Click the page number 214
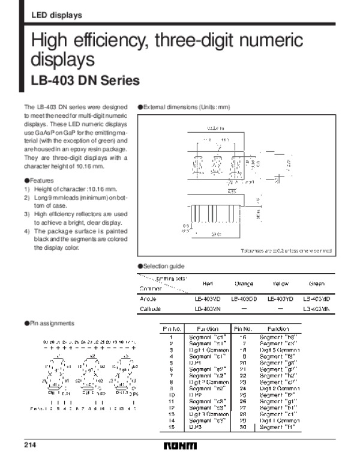(30, 445)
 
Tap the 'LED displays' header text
(56, 15)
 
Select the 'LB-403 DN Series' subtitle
(85, 80)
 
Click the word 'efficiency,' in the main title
(112, 41)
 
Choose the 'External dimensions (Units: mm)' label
(185, 106)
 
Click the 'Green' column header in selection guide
(317, 283)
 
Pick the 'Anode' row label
(148, 298)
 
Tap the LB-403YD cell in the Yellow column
(280, 298)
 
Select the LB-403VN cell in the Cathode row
(207, 309)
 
